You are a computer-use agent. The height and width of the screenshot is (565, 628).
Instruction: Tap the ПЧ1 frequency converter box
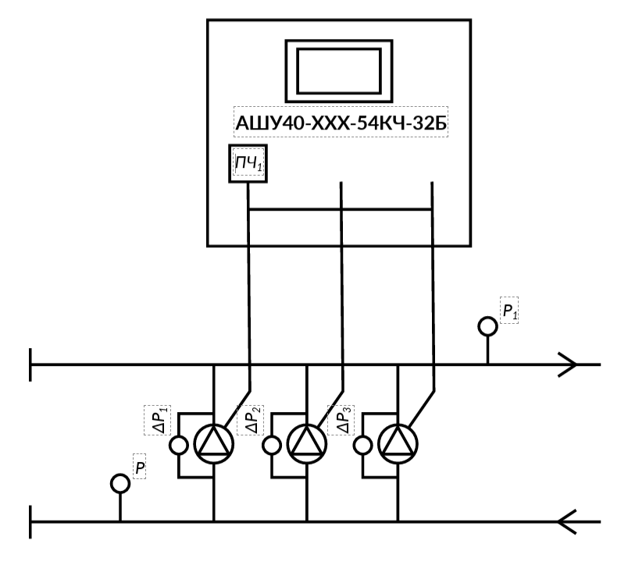point(248,163)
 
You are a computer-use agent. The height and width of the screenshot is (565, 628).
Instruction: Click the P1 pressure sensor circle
point(488,325)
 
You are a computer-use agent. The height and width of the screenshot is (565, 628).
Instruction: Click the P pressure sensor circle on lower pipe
point(120,483)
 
